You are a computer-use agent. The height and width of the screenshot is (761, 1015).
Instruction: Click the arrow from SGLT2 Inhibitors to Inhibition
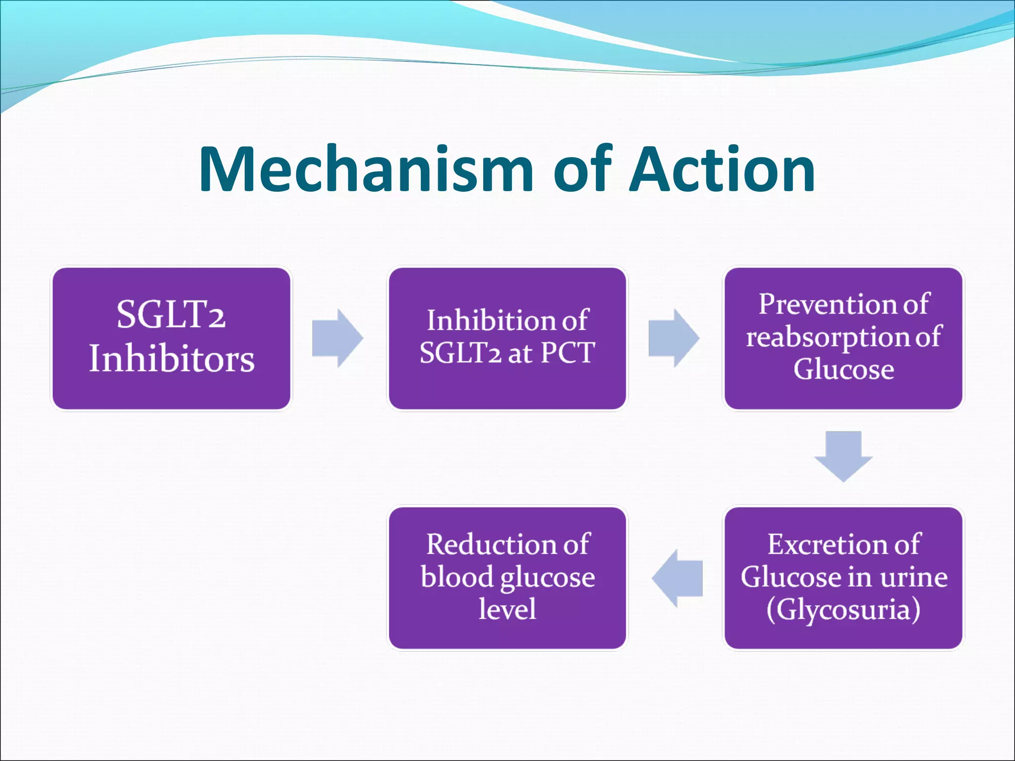338,338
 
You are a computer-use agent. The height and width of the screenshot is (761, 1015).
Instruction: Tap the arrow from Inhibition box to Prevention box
674,338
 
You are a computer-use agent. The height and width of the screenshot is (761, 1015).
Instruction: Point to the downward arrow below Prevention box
843,456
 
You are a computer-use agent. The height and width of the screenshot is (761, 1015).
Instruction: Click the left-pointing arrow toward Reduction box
677,578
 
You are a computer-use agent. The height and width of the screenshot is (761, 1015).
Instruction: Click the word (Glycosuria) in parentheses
843,609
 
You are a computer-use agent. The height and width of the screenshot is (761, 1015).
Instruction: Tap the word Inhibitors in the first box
171,359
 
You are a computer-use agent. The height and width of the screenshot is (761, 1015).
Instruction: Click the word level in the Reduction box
507,609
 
